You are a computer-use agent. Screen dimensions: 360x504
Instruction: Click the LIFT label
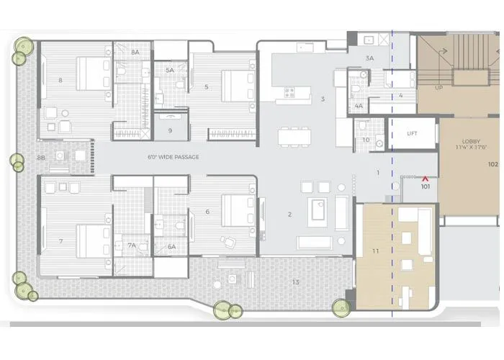[x=412, y=134]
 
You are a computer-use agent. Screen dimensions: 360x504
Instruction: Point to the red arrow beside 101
[x=426, y=177]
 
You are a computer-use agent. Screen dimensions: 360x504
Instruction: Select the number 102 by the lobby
[x=493, y=164]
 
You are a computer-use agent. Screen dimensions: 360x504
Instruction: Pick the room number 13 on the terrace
[x=295, y=282]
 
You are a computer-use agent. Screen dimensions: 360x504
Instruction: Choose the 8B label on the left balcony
[x=41, y=157]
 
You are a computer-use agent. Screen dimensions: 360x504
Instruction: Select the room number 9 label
[x=170, y=130]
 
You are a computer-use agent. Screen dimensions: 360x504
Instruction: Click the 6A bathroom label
[x=171, y=246]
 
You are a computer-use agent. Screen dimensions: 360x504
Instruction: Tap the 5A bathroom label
[x=170, y=71]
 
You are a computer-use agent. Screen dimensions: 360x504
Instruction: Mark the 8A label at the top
[x=135, y=53]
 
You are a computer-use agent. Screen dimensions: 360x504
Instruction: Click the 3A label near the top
[x=369, y=58]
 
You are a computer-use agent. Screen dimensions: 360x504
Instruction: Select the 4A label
[x=359, y=106]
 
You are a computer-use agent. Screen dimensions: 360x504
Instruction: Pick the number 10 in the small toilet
[x=366, y=139]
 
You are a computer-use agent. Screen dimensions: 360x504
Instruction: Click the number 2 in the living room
[x=289, y=214]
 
